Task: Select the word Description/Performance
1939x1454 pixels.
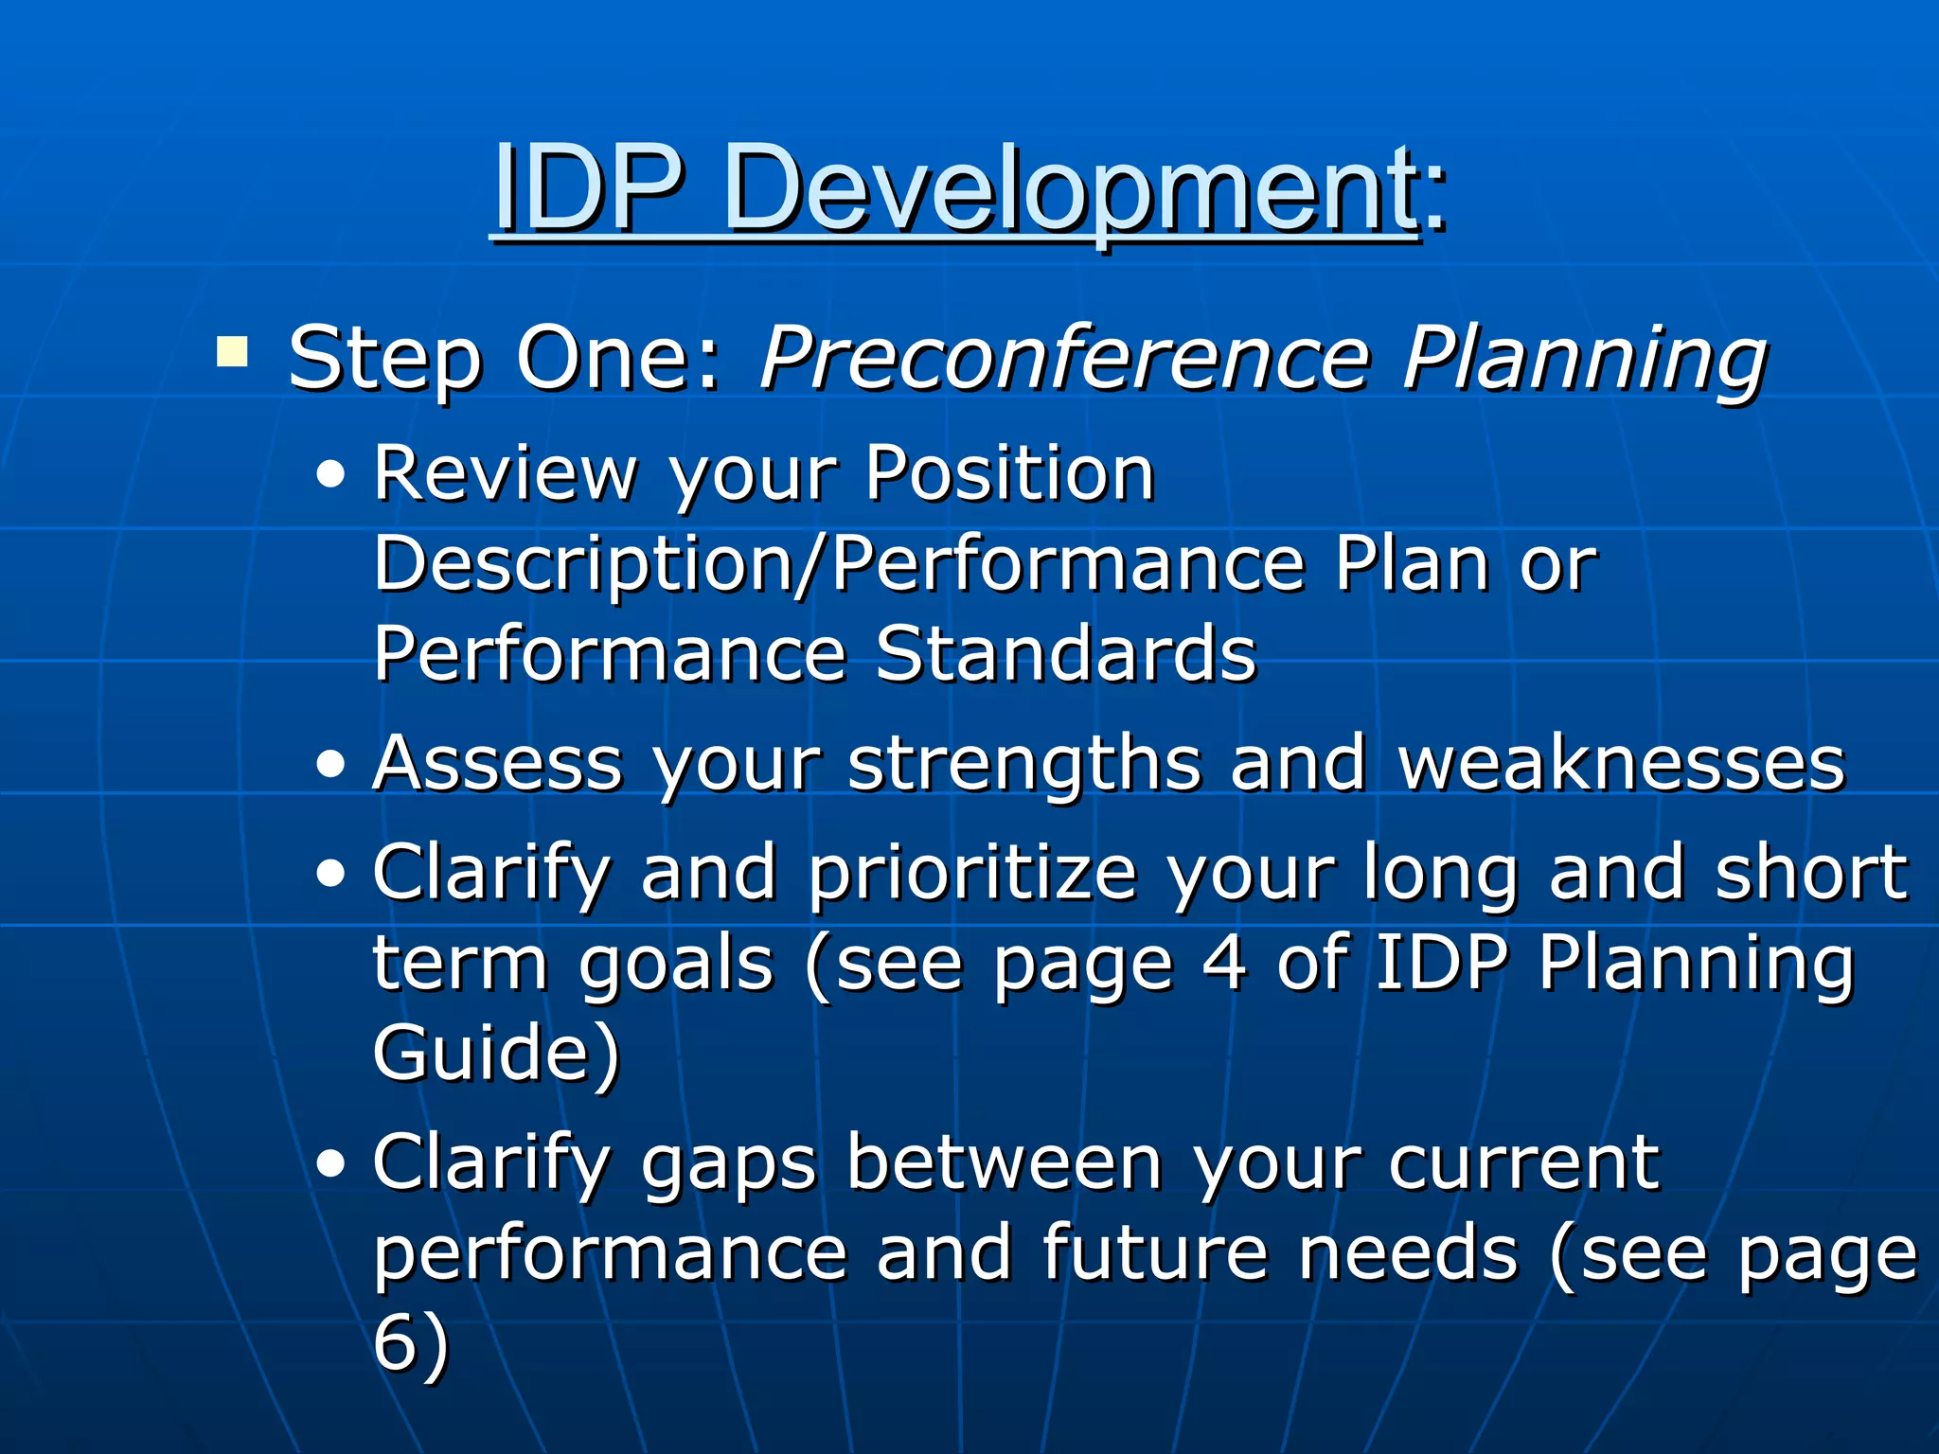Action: [x=839, y=565]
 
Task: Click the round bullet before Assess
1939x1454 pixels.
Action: [x=330, y=765]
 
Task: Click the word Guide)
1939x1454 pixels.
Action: [x=496, y=1053]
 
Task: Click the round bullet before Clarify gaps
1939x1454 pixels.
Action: [x=330, y=1164]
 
